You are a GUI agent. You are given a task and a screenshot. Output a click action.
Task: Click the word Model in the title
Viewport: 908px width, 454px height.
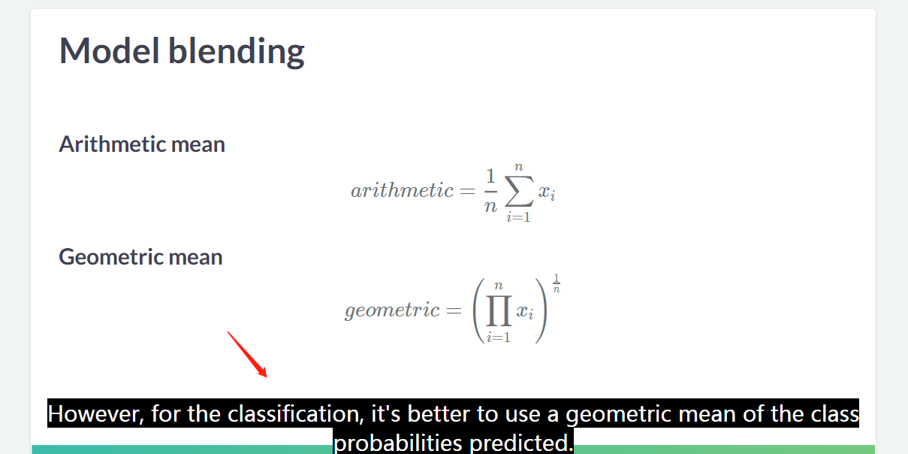tap(110, 50)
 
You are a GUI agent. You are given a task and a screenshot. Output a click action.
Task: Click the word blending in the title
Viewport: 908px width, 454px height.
tap(237, 52)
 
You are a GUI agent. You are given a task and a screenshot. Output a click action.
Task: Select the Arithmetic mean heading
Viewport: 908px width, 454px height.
tap(142, 144)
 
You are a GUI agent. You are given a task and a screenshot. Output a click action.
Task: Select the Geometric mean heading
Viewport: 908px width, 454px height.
tap(140, 257)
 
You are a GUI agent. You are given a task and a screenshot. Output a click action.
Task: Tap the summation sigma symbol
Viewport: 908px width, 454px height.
tap(519, 191)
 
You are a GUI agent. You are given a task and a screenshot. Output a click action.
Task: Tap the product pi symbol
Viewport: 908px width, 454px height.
tap(499, 310)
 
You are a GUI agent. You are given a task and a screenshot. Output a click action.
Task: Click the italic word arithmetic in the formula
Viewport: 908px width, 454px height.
tap(402, 190)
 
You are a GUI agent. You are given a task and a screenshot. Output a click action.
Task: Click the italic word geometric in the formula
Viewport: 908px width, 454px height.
tap(392, 310)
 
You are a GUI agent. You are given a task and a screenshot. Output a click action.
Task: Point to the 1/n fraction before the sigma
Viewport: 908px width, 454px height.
tap(490, 191)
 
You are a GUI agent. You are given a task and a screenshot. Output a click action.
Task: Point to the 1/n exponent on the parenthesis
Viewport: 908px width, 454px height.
tap(557, 283)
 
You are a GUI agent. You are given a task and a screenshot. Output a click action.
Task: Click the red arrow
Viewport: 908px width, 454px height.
tap(247, 355)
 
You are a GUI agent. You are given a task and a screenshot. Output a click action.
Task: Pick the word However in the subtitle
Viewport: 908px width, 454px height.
tap(95, 414)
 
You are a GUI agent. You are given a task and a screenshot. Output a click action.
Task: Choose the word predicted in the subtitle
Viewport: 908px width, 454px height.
tap(521, 443)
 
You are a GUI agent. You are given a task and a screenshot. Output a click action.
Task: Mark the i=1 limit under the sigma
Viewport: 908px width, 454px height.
tap(518, 217)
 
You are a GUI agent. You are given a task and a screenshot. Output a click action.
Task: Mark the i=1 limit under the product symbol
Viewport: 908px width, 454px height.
tap(498, 337)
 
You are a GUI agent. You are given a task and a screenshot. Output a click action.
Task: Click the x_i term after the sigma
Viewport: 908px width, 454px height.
tap(547, 192)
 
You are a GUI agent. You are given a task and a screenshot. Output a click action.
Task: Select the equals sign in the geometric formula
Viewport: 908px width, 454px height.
tap(454, 310)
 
